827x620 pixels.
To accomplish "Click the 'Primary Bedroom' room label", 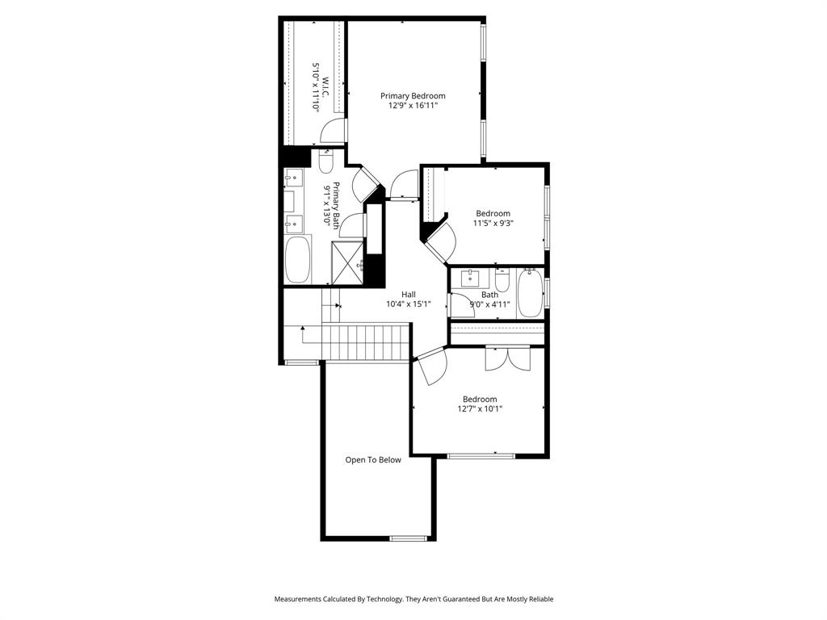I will pos(413,95).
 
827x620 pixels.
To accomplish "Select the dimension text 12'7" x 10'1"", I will pos(479,408).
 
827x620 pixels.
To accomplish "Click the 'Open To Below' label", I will pos(373,460).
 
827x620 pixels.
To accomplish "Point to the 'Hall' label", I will pos(409,295).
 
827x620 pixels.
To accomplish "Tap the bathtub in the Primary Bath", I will pos(297,259).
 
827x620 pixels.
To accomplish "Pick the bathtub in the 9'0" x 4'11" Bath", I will pos(530,293).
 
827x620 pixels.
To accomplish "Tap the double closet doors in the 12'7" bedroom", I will pos(507,358).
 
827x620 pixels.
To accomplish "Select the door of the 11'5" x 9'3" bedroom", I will pos(440,241).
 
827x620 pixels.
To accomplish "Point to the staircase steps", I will pos(366,342).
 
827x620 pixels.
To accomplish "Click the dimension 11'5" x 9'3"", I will pos(493,224).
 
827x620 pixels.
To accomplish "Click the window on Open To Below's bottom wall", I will pos(408,538).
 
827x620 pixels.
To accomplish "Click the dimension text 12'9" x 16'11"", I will pos(413,105).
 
